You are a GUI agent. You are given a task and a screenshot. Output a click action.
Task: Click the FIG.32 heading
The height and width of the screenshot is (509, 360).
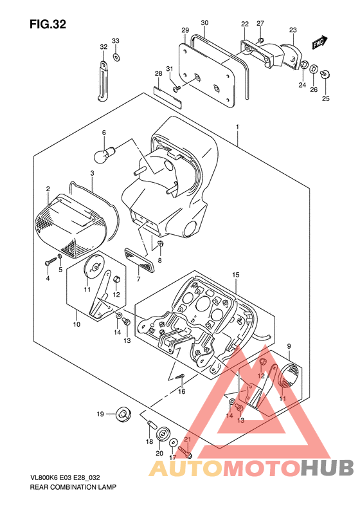[x=48, y=24]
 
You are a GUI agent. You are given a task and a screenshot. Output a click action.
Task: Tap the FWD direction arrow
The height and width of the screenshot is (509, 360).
[x=320, y=42]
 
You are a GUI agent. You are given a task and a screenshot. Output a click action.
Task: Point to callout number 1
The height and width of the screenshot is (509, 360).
[x=237, y=127]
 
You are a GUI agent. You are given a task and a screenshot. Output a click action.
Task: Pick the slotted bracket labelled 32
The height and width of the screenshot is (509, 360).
[x=102, y=81]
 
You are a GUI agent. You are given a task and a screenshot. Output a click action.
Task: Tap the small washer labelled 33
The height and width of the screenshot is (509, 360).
[x=116, y=57]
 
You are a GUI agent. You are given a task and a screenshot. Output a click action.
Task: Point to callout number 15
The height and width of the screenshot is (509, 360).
[x=236, y=275]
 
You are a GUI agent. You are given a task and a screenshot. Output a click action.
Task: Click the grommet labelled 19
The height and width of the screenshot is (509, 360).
[x=123, y=414]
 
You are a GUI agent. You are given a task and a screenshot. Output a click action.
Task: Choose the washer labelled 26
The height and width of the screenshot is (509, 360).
[x=314, y=69]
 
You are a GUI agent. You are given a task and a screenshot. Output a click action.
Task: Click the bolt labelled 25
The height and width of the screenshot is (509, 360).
[x=325, y=74]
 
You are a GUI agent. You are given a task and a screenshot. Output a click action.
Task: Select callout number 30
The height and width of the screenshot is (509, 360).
[x=204, y=23]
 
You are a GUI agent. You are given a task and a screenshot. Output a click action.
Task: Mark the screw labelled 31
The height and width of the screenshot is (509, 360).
[x=177, y=88]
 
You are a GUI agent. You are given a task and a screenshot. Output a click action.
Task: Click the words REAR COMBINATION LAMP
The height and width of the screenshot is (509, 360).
[x=73, y=487]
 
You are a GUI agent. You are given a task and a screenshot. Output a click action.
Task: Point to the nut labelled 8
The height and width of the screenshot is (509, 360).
[x=159, y=243]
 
